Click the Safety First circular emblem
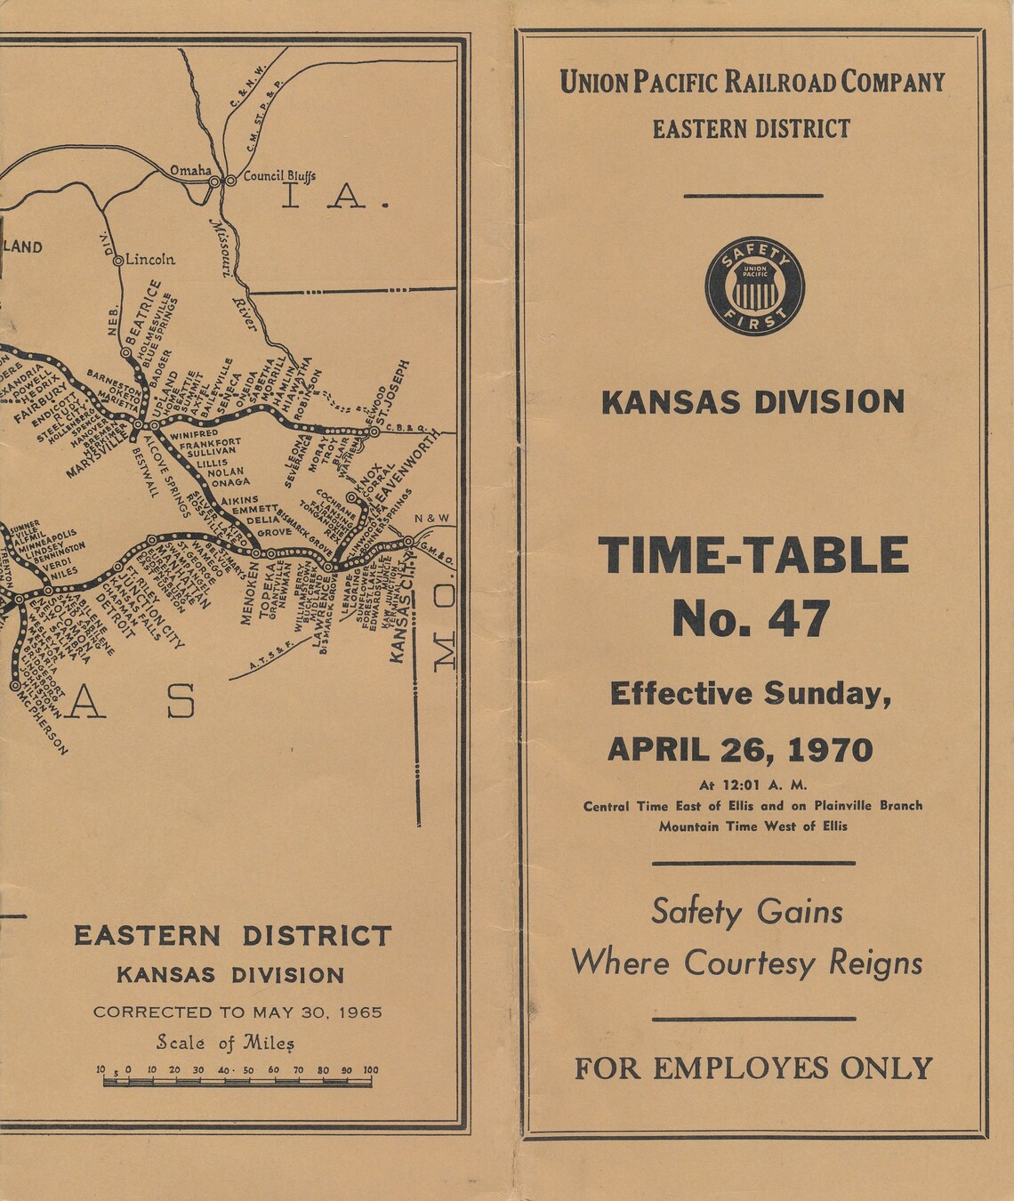pos(754,286)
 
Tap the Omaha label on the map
pos(190,170)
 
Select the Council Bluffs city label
pos(279,176)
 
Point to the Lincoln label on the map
pos(150,260)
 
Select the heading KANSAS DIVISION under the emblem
pos(752,402)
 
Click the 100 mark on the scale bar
pos(370,1070)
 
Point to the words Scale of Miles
pos(225,1042)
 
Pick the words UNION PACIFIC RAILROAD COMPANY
pos(752,83)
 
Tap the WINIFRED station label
pos(193,433)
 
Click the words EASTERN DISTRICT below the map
pos(232,936)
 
